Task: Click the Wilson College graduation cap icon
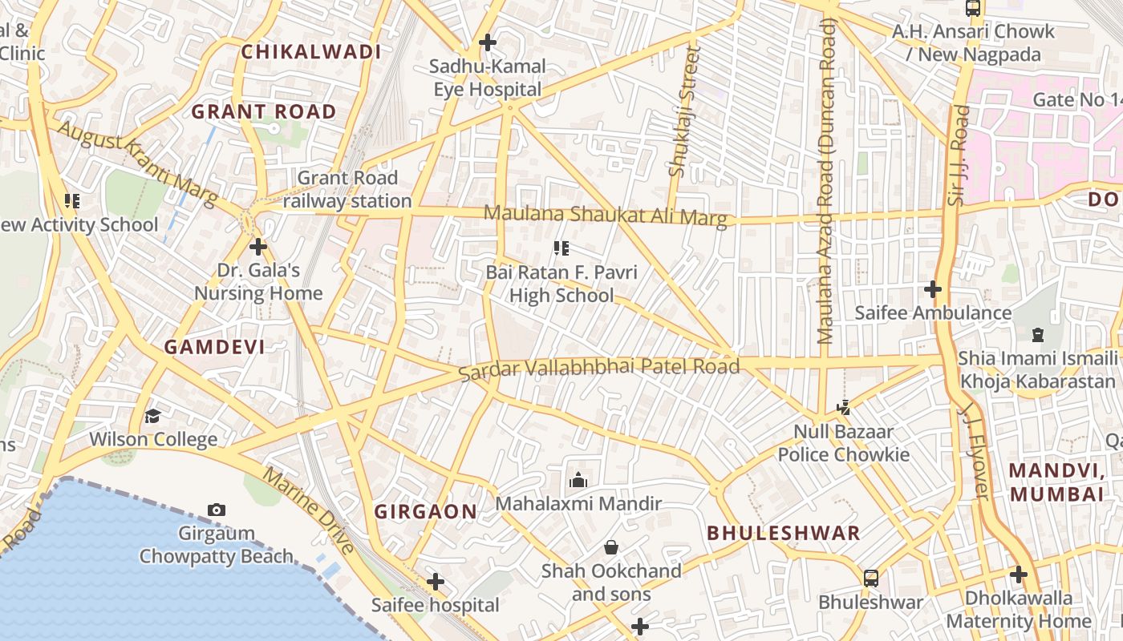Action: click(152, 415)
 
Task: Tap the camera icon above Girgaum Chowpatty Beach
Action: click(216, 510)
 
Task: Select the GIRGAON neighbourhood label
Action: click(426, 511)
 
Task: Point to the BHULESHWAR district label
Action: click(784, 533)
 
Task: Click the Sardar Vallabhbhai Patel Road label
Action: click(598, 369)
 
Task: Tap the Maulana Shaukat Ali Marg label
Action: click(606, 216)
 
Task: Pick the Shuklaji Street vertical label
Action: click(683, 111)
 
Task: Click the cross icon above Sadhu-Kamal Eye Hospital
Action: click(487, 42)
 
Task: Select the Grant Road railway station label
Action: click(347, 190)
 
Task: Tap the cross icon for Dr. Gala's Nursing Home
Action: click(257, 247)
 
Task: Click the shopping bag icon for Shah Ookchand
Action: click(611, 547)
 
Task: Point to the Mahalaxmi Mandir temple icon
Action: click(578, 481)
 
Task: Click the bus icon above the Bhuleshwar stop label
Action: click(870, 578)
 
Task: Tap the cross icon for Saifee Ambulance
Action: click(932, 288)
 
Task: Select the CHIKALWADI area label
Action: click(311, 52)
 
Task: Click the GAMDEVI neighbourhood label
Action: click(214, 347)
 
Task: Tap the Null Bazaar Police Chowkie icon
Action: click(843, 408)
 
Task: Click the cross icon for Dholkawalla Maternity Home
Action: click(1019, 574)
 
